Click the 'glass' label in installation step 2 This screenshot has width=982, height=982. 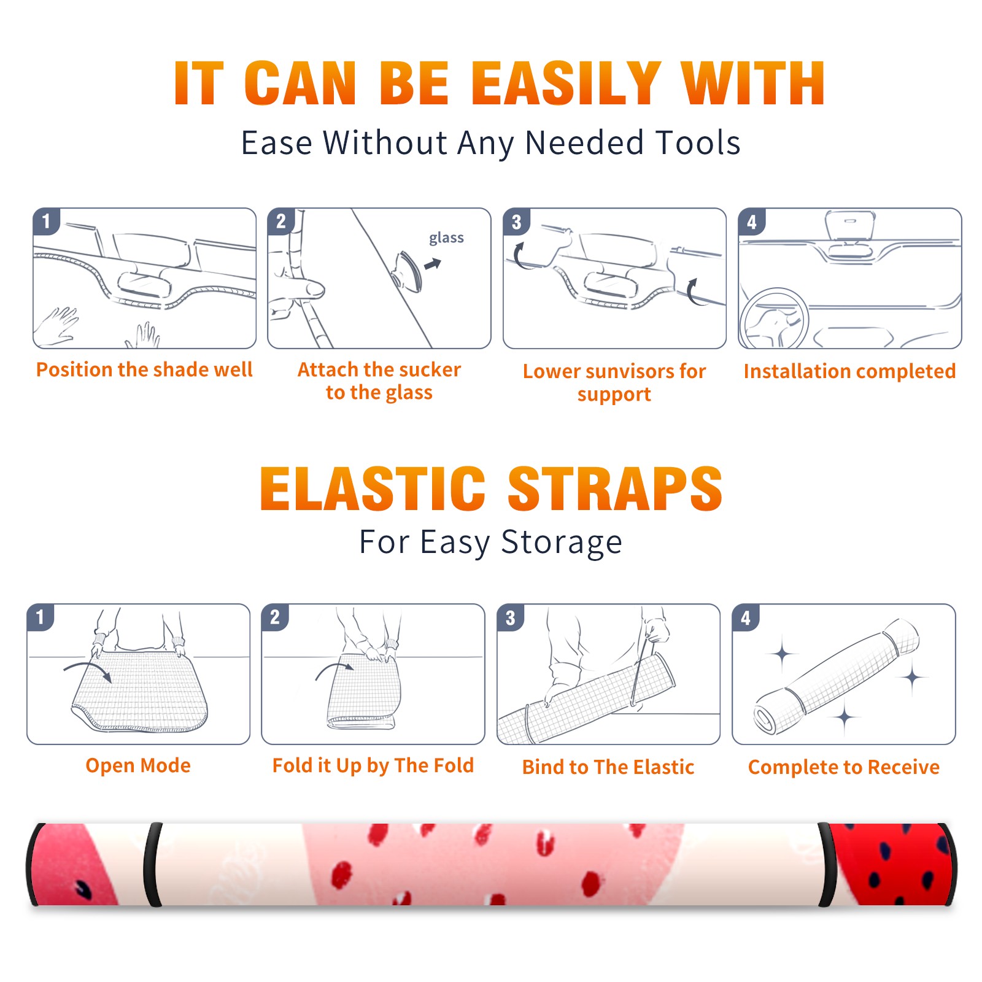[x=446, y=238]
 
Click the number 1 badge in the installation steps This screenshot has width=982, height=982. [x=46, y=221]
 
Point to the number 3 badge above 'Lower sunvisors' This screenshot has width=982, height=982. [x=516, y=222]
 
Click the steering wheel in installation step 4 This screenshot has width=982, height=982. [x=774, y=319]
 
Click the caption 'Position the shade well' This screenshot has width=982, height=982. [x=144, y=369]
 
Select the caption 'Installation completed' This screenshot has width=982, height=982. [x=849, y=371]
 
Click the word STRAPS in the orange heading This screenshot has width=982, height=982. [x=615, y=489]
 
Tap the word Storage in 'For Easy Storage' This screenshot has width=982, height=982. [x=562, y=543]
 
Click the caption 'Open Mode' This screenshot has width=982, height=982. [x=138, y=765]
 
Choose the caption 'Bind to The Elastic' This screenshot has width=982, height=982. [x=608, y=767]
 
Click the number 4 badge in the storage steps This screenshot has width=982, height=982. [x=746, y=617]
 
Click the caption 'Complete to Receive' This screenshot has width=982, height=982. [x=844, y=767]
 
